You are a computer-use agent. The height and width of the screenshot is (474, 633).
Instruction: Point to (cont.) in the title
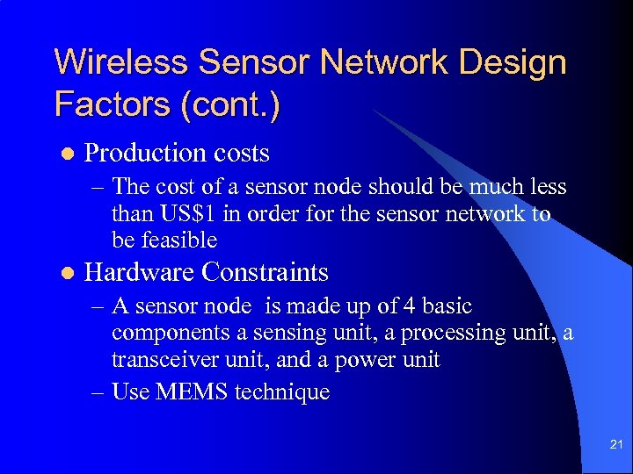click(x=231, y=104)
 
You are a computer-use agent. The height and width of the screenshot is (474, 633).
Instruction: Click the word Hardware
click(x=139, y=272)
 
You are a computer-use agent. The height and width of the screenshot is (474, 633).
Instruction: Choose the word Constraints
click(x=265, y=272)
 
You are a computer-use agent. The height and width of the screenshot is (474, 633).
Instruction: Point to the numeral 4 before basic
click(x=405, y=306)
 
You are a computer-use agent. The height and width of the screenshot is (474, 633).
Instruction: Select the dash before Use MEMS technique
click(x=98, y=391)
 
